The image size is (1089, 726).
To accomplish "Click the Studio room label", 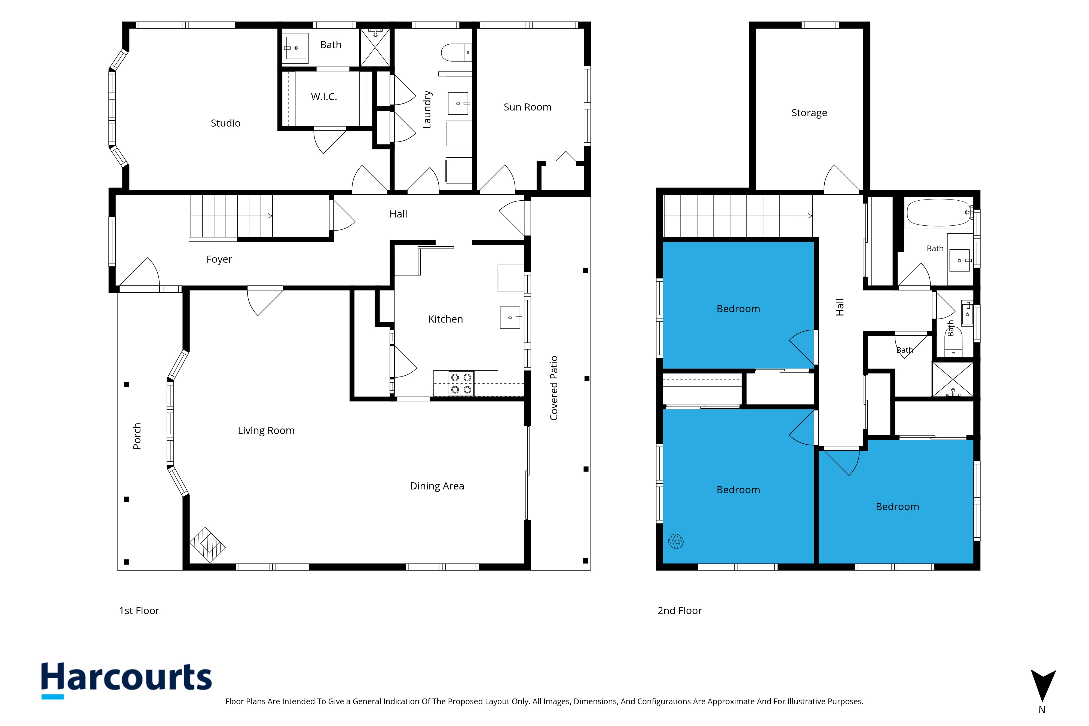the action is tap(225, 123).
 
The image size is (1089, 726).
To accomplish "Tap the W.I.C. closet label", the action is tap(324, 97).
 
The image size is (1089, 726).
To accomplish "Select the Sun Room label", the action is tap(527, 107).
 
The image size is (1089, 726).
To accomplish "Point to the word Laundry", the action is tap(427, 109).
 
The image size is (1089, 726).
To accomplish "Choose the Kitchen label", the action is tap(445, 319).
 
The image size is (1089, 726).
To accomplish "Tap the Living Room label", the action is tap(266, 431).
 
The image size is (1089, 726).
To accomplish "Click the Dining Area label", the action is tap(437, 486).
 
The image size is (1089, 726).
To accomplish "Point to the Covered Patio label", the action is tap(554, 388).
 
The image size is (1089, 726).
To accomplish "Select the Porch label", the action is tap(137, 436).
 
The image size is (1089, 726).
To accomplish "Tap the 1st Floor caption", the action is tap(139, 611).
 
